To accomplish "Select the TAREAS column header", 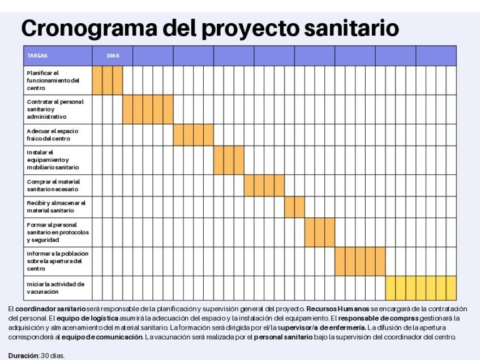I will [37, 56].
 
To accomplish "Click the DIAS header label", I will [113, 56].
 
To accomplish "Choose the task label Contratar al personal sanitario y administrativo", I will [55, 109].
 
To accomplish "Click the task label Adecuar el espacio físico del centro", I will [52, 135].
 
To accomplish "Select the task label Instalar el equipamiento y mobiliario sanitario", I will [53, 160].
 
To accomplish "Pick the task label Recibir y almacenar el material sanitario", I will [55, 207].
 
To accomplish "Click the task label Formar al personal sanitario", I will [57, 232].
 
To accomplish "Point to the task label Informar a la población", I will [57, 261].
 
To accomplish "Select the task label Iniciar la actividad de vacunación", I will [55, 288].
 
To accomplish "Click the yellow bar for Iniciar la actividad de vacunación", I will [421, 288].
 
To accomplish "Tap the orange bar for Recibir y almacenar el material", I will [294, 207].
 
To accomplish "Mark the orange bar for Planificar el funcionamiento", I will [108, 80].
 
